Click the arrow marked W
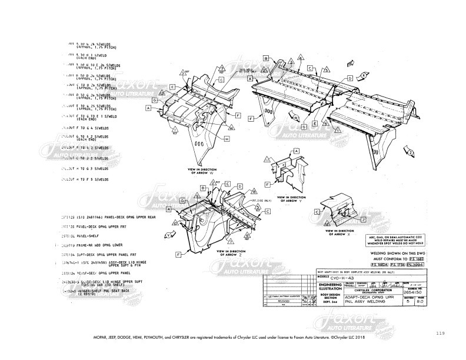tap(291, 118)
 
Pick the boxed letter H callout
tap(227, 139)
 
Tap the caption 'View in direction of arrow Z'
tap(230, 252)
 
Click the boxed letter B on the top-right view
tap(266, 59)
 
